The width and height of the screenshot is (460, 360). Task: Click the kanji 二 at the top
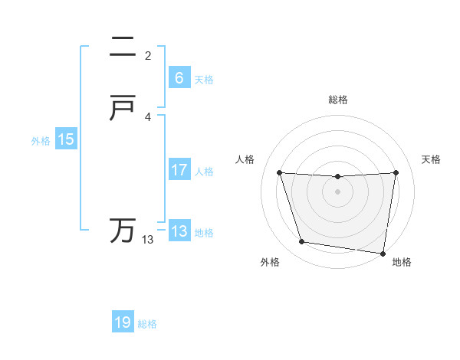(x=123, y=47)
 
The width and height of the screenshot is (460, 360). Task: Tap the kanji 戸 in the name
(x=123, y=109)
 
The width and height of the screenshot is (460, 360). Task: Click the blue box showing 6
(x=179, y=78)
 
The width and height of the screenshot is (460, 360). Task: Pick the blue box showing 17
(x=179, y=170)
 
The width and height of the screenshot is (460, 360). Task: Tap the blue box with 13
(x=179, y=231)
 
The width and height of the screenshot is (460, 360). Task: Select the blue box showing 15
(x=65, y=139)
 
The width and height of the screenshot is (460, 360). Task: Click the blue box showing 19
(x=123, y=322)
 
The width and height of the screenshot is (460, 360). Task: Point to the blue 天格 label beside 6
(x=204, y=80)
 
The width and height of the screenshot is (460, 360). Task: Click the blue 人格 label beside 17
(x=204, y=172)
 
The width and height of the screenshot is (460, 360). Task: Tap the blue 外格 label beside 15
(x=40, y=141)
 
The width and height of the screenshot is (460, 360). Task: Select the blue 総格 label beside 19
(x=147, y=324)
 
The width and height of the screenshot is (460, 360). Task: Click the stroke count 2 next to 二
(x=148, y=56)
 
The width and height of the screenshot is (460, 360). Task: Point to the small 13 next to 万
(x=147, y=240)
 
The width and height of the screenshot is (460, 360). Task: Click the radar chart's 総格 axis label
(x=338, y=100)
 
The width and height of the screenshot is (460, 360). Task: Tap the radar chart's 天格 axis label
(x=432, y=159)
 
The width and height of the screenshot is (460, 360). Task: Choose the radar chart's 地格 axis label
(x=402, y=262)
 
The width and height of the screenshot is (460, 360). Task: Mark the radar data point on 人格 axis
(x=280, y=172)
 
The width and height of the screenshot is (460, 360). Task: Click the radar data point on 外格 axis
(x=302, y=242)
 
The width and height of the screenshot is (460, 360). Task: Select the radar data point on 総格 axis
(x=338, y=177)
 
